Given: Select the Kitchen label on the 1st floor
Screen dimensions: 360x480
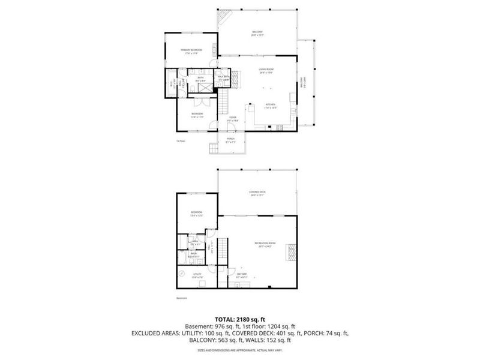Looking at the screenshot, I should point(271,104).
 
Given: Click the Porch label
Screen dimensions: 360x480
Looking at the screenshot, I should point(231,140).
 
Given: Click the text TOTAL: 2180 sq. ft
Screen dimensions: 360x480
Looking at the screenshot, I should point(240,319).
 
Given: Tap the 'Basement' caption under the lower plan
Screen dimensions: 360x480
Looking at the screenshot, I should point(182,298).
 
